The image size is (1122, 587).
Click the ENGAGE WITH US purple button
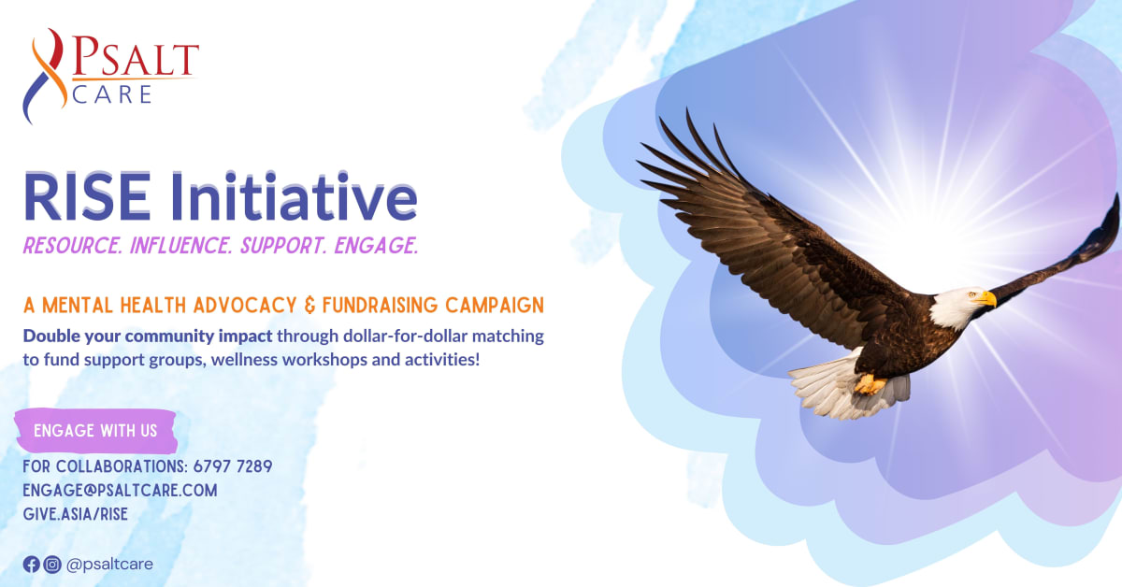click(x=95, y=431)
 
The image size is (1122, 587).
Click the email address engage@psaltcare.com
click(x=120, y=490)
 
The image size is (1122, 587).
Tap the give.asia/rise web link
click(x=75, y=513)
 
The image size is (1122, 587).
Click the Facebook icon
click(x=32, y=564)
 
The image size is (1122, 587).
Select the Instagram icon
click(x=52, y=564)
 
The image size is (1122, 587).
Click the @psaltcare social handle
click(x=109, y=564)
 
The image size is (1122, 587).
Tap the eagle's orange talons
click(x=870, y=383)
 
